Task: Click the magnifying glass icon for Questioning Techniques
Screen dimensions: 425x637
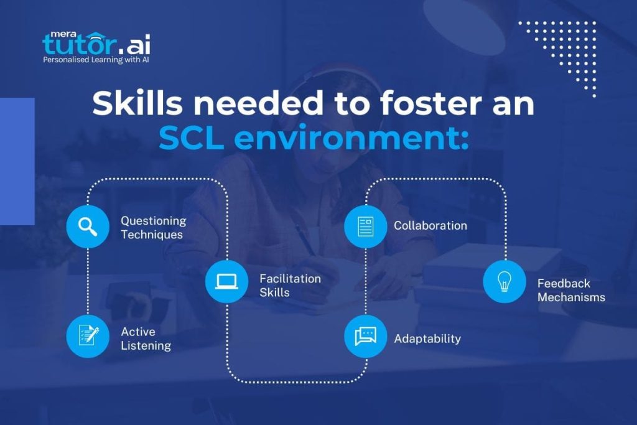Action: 88,227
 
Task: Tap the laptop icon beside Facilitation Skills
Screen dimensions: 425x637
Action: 226,281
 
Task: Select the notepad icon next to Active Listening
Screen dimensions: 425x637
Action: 88,337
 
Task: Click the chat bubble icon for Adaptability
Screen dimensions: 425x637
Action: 366,337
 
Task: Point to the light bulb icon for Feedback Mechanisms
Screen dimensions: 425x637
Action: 504,281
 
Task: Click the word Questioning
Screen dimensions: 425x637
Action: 153,221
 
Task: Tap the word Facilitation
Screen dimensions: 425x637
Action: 290,278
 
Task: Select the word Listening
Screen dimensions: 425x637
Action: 146,345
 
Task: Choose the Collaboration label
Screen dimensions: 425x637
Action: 430,225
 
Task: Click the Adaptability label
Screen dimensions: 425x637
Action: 427,339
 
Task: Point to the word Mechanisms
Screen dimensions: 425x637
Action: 571,297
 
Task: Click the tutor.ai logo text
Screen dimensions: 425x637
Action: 96,43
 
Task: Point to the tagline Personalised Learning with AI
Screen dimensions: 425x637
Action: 95,60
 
